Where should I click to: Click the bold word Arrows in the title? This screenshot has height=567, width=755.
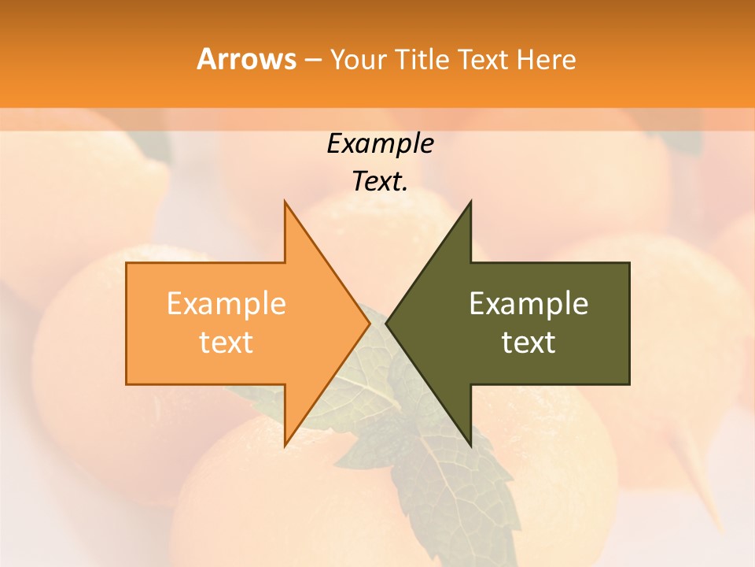(x=245, y=59)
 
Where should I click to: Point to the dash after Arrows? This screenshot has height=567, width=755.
(x=312, y=60)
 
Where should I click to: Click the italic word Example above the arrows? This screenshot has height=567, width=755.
(x=380, y=144)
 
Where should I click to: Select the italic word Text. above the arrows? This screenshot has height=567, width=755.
(x=380, y=182)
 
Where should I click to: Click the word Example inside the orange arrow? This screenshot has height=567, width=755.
(x=226, y=304)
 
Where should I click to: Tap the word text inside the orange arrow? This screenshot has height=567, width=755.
(x=226, y=343)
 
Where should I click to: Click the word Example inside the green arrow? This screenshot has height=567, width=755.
(x=528, y=304)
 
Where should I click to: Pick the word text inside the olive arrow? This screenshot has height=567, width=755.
(x=528, y=343)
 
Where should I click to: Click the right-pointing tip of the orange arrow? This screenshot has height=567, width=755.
(x=369, y=324)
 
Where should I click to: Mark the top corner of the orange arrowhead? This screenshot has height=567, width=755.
(x=285, y=202)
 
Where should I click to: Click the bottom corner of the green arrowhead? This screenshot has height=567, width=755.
(x=470, y=446)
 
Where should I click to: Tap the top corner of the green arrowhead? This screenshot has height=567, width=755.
(x=470, y=202)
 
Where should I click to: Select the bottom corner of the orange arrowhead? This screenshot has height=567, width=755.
(x=285, y=446)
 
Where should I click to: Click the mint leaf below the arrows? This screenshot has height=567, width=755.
(x=440, y=472)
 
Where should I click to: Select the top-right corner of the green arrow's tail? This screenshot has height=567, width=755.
(x=629, y=263)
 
